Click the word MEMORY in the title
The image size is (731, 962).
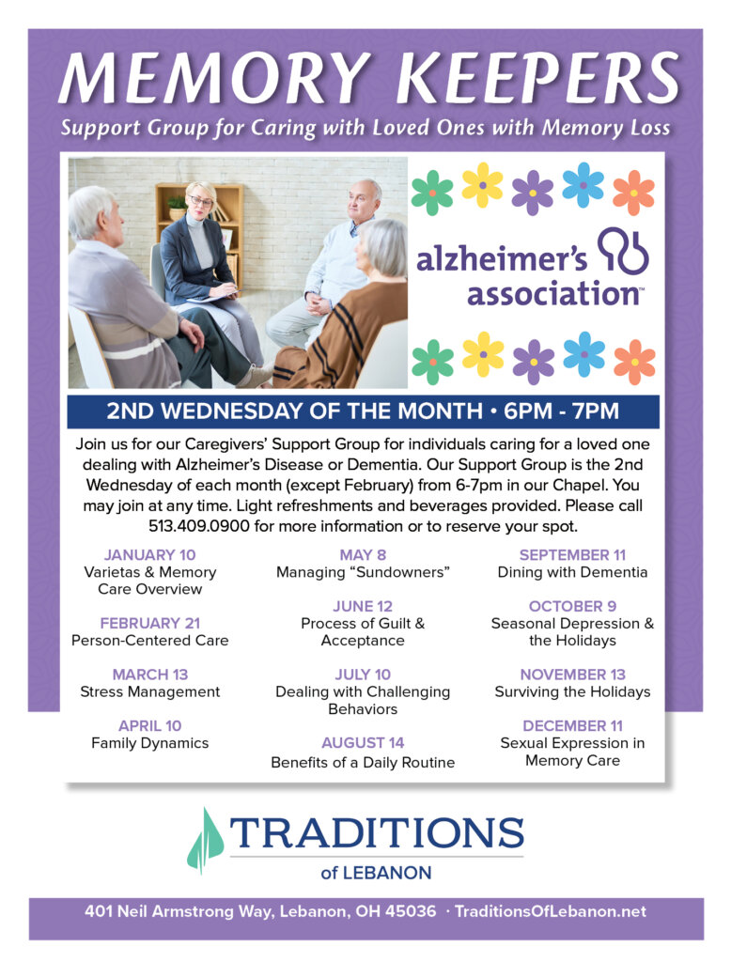[215, 79]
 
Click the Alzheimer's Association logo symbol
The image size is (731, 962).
[623, 251]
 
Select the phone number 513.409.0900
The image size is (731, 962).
[199, 526]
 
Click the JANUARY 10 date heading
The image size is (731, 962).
[149, 554]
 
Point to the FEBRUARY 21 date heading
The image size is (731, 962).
[149, 624]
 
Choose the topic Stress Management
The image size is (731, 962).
[149, 692]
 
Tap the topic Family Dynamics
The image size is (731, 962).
[149, 744]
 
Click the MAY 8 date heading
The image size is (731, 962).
[363, 554]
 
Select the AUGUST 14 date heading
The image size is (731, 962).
[363, 743]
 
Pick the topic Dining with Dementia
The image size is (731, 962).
[572, 572]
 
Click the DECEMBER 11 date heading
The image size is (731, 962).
[572, 726]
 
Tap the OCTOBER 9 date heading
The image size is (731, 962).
[572, 606]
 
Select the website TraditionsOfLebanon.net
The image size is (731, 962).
[551, 911]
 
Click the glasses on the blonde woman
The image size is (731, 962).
[201, 201]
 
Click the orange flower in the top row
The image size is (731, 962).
[633, 193]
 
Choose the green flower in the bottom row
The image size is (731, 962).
[433, 362]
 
